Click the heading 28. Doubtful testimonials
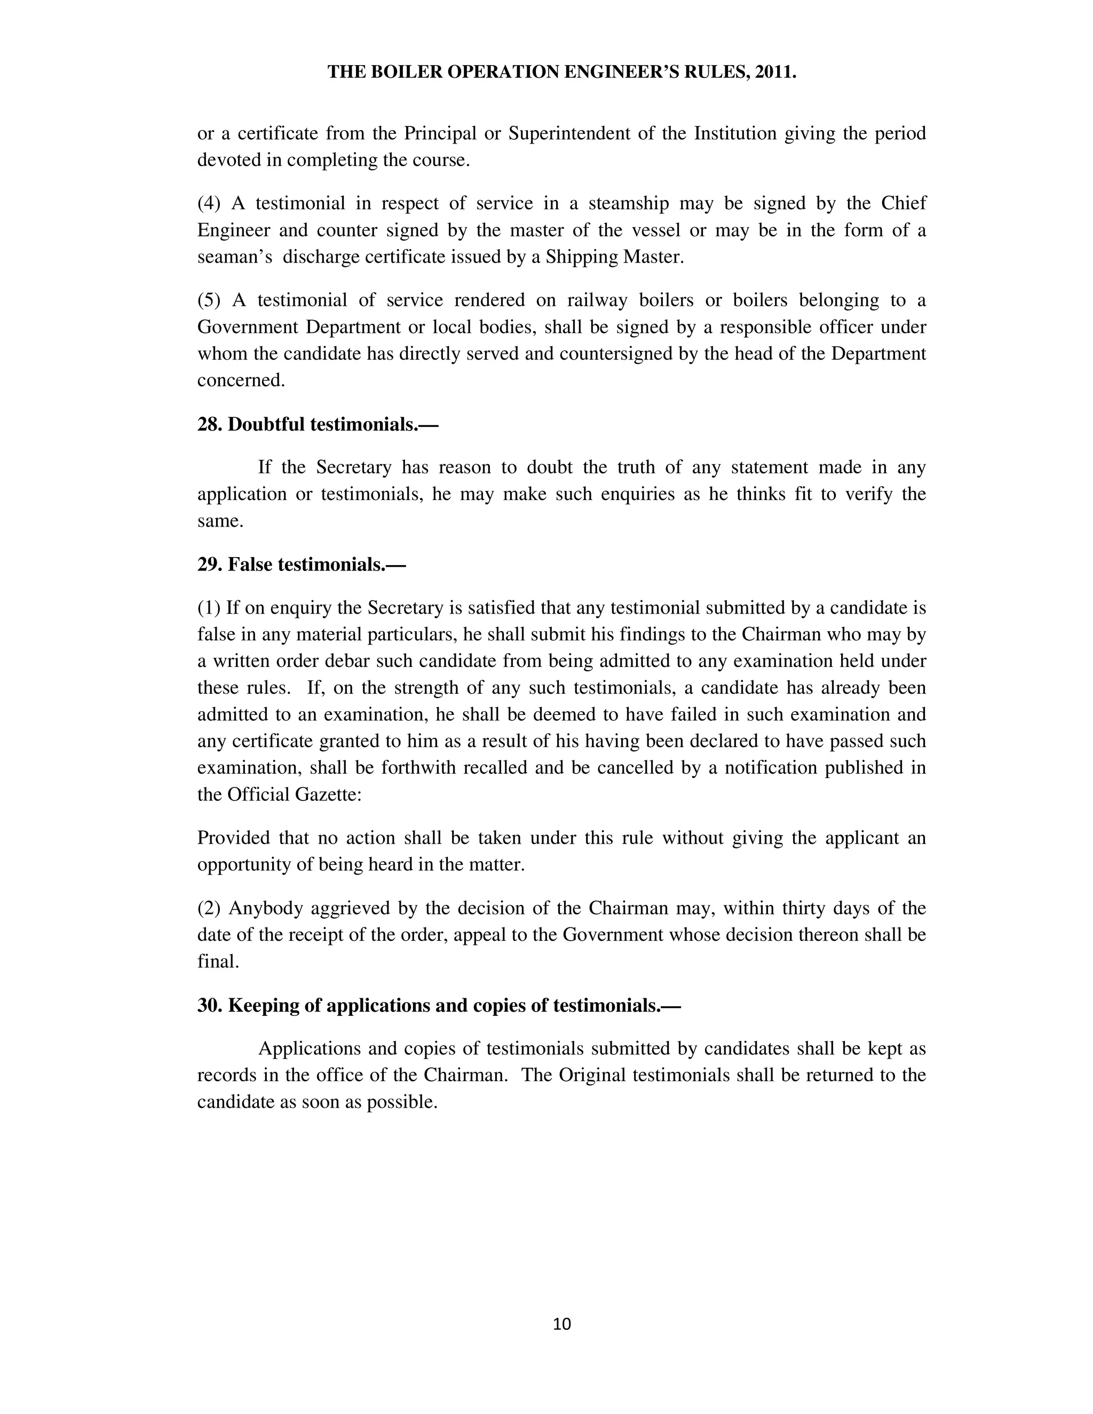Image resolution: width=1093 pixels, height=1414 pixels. point(318,424)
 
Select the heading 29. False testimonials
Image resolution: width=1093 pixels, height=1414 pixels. point(301,565)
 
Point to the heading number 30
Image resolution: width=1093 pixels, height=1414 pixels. point(209,1005)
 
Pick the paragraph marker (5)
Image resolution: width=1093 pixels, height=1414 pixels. point(209,300)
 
